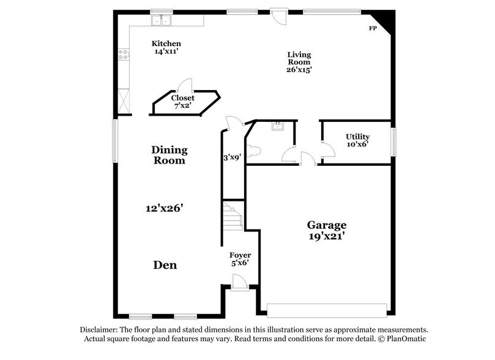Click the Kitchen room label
coord(166,43)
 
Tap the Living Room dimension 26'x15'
coord(299,70)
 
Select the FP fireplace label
coord(371,29)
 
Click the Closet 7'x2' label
coord(182,98)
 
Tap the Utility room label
coord(357,137)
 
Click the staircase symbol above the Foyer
coord(233,217)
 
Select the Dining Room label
coord(169,155)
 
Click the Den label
coord(165,265)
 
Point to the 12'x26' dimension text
coord(165,208)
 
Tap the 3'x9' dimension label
coord(233,157)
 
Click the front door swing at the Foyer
coord(239,282)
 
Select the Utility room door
coord(327,149)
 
